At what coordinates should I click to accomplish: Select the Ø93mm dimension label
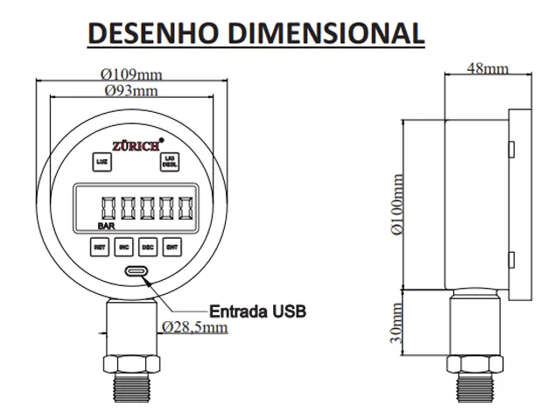(131, 91)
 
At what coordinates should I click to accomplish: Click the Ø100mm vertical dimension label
(399, 206)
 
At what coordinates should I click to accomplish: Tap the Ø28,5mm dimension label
(195, 327)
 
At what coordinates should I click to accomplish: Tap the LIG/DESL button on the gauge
(169, 160)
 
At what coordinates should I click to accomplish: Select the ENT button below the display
(171, 248)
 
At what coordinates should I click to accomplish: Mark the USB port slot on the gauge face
(136, 272)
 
